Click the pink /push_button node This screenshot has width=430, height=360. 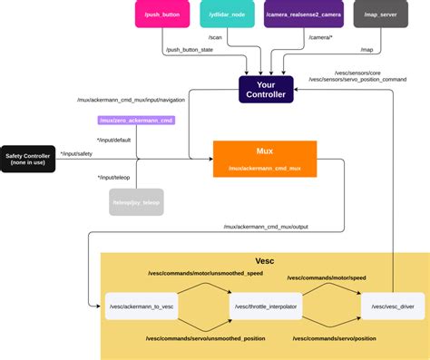(161, 15)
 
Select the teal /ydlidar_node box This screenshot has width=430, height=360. (228, 15)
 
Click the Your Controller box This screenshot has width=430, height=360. (266, 89)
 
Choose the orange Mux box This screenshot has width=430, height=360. (265, 158)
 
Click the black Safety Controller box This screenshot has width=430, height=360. (27, 158)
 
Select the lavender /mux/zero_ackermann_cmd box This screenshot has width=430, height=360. (135, 120)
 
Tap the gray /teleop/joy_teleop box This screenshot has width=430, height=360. (136, 202)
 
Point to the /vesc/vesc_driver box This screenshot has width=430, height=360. (392, 306)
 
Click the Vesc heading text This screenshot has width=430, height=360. (265, 261)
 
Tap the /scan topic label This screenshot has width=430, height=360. (215, 37)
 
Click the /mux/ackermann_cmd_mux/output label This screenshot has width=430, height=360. (266, 227)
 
